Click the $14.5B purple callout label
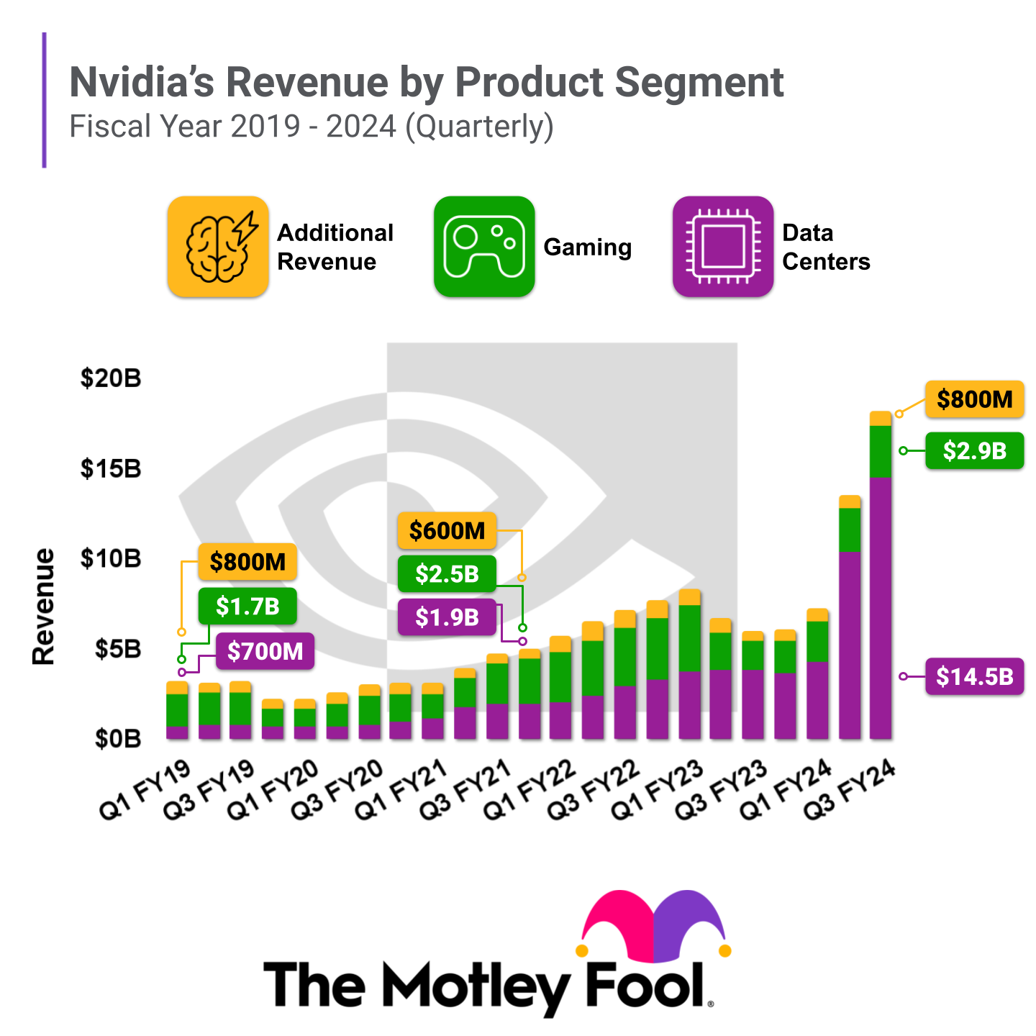974,676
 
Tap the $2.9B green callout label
974,451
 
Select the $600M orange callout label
447,531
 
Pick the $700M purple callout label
265,652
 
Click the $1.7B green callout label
247,606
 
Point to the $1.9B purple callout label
447,617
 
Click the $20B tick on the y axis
111,378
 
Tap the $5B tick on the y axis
118,650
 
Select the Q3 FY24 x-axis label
849,790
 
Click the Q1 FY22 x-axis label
530,790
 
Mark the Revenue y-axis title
44,606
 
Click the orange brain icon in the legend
218,247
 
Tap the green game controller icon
484,247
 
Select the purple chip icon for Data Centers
723,247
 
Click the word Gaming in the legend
587,247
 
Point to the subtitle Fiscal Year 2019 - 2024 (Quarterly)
311,127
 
